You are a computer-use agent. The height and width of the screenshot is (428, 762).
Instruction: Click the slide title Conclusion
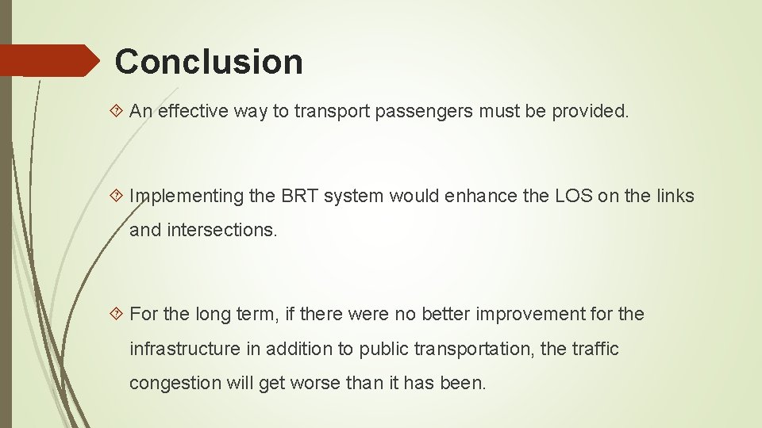209,62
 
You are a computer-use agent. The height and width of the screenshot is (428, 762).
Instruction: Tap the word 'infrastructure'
184,349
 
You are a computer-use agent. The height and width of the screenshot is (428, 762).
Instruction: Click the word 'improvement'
525,315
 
